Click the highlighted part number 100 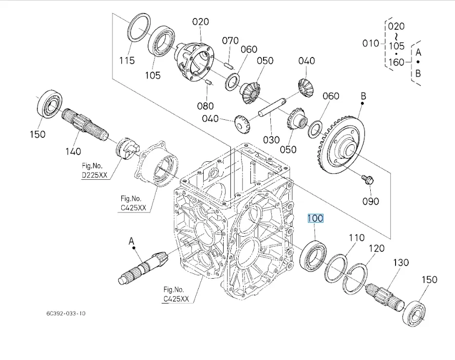pyautogui.click(x=315, y=218)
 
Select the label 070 pyautogui.click(x=230, y=40)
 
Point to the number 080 pyautogui.click(x=205, y=106)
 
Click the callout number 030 pyautogui.click(x=271, y=139)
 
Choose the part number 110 pyautogui.click(x=356, y=238)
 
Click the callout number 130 pyautogui.click(x=400, y=263)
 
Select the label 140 pyautogui.click(x=73, y=151)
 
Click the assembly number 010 pyautogui.click(x=371, y=43)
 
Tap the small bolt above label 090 pyautogui.click(x=367, y=180)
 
